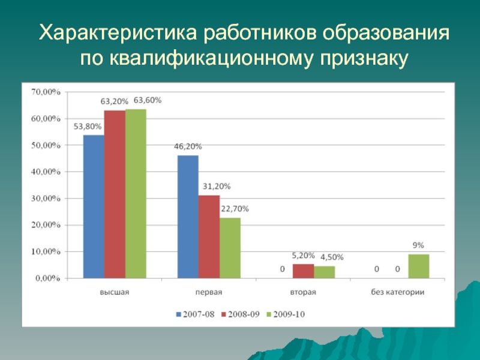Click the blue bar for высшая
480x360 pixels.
tap(94, 206)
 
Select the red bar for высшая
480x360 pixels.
tap(115, 194)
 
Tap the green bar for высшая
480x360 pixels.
tap(136, 194)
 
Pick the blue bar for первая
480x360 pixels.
tap(188, 217)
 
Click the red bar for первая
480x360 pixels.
tap(209, 237)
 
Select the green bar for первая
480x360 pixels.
tap(230, 248)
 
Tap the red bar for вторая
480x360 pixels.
tap(303, 271)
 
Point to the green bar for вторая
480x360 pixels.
tap(324, 272)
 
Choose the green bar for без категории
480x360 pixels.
tap(418, 266)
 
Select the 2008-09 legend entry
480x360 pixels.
tap(241, 313)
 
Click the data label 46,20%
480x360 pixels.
tap(188, 146)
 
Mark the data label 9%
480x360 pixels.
tap(418, 245)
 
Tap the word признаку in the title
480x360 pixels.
tap(364, 58)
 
